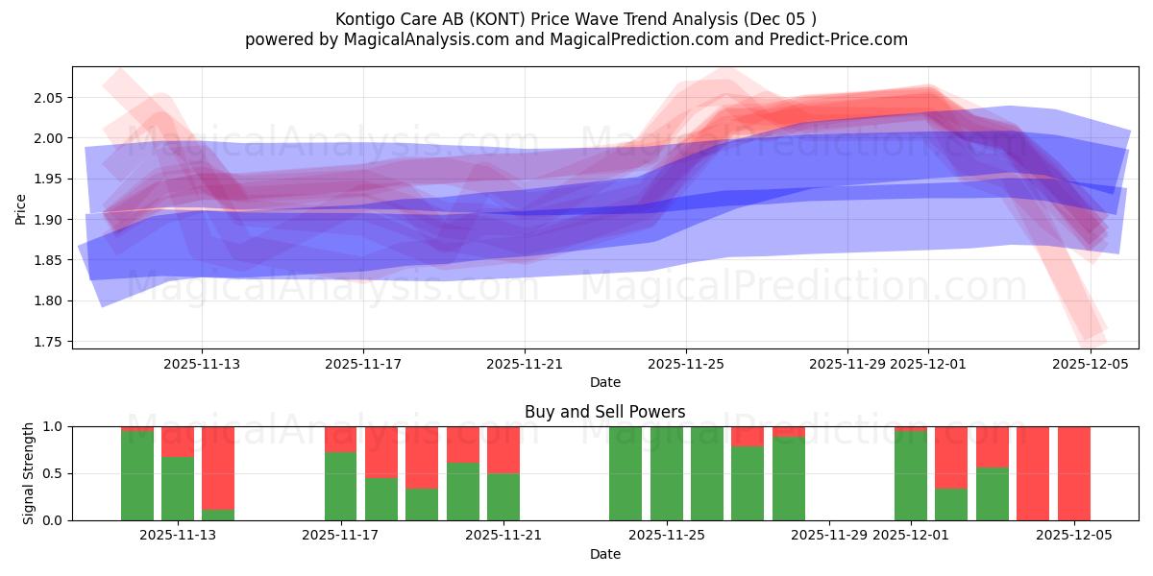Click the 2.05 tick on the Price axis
click(50, 98)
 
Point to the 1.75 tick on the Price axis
click(50, 342)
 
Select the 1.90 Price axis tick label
click(50, 220)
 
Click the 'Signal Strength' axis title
click(29, 473)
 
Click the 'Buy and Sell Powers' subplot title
click(604, 412)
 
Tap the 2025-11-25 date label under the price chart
click(685, 364)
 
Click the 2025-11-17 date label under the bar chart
click(340, 536)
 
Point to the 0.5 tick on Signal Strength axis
click(53, 473)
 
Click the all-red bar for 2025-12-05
click(1073, 473)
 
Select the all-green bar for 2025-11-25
click(666, 473)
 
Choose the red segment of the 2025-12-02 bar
click(950, 457)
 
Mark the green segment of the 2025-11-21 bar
click(503, 497)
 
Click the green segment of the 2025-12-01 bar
click(910, 476)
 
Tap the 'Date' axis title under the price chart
click(604, 382)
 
